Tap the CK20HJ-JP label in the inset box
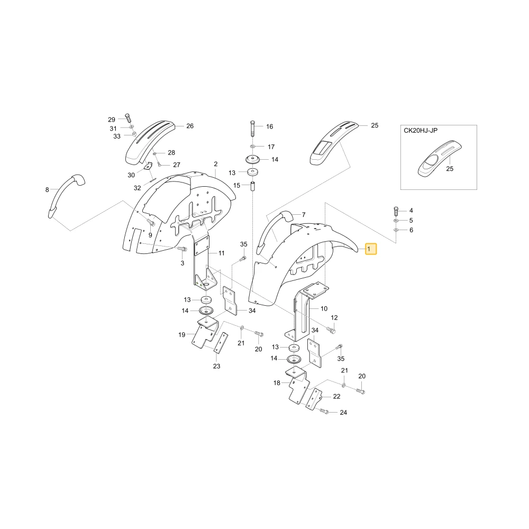coord(421,131)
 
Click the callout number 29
coord(112,120)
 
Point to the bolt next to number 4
coord(396,212)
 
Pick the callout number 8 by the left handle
coord(47,189)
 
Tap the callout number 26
coord(190,126)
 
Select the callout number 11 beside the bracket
coord(221,253)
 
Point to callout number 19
coord(182,335)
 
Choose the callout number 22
coord(336,396)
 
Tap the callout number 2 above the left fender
coord(216,164)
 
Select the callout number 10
coord(324,308)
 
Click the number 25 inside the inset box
coord(450,169)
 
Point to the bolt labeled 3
coord(181,249)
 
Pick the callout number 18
coord(277,383)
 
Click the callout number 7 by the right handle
coord(304,215)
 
